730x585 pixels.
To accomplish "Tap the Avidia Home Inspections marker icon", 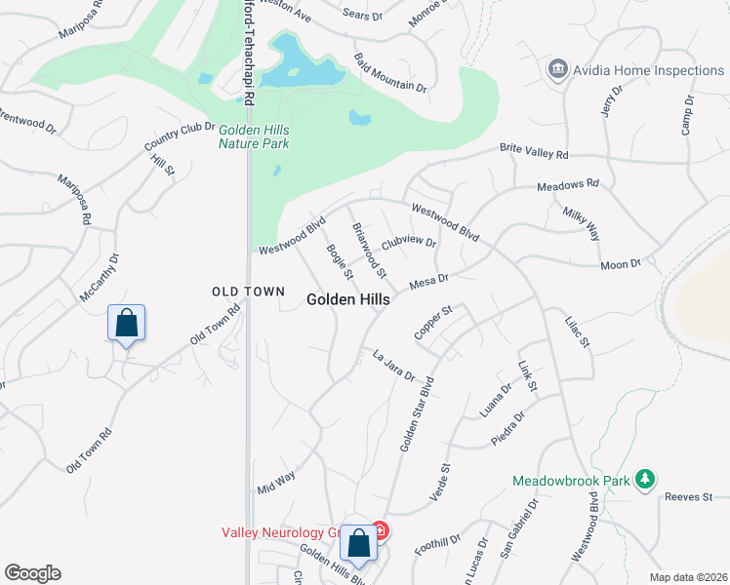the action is pyautogui.click(x=558, y=69).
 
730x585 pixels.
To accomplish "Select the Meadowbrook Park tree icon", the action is pyautogui.click(x=644, y=480).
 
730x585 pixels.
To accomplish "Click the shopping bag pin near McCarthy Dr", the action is pyautogui.click(x=127, y=323).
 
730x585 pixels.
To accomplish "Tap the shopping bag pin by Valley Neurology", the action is pyautogui.click(x=358, y=544).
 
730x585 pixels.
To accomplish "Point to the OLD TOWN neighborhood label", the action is pyautogui.click(x=249, y=292).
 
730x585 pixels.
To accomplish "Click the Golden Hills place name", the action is pyautogui.click(x=348, y=300).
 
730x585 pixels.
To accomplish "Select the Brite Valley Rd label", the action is pyautogui.click(x=534, y=151).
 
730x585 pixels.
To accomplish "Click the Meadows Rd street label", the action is pyautogui.click(x=568, y=184).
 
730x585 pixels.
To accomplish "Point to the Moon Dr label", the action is pyautogui.click(x=620, y=264).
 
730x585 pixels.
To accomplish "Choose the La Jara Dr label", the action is pyautogui.click(x=394, y=366).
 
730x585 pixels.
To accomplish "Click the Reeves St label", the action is pyautogui.click(x=689, y=497).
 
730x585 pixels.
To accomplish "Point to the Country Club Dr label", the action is pyautogui.click(x=179, y=136).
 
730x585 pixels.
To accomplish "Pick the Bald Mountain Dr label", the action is pyautogui.click(x=390, y=73).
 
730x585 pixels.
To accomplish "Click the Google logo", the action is pyautogui.click(x=32, y=573).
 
